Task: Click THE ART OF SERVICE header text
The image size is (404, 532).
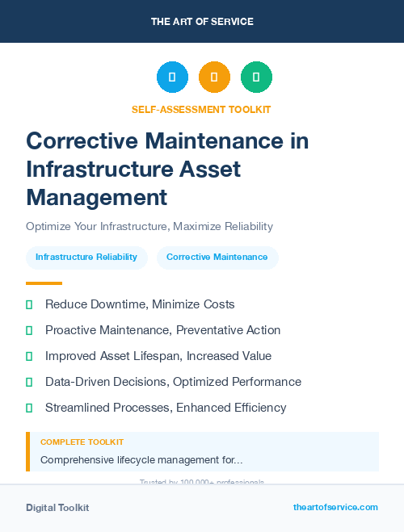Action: pyautogui.click(x=202, y=22)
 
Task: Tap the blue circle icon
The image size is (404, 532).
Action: pyautogui.click(x=172, y=77)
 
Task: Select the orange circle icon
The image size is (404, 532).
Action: pyautogui.click(x=214, y=77)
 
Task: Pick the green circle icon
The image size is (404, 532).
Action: pyautogui.click(x=256, y=77)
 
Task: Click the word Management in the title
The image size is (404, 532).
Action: pyautogui.click(x=97, y=196)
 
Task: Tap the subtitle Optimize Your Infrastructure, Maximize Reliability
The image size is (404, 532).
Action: pyautogui.click(x=149, y=226)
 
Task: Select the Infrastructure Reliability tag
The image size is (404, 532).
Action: pyautogui.click(x=86, y=258)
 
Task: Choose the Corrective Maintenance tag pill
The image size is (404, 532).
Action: pyautogui.click(x=217, y=258)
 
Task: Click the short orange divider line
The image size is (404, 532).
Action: pyautogui.click(x=44, y=283)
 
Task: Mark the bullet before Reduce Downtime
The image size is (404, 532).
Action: pyautogui.click(x=29, y=304)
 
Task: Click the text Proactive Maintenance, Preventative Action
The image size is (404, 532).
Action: pyautogui.click(x=162, y=330)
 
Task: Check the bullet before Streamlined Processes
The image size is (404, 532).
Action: pyautogui.click(x=29, y=408)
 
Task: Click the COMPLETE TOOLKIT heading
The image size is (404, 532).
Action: pyautogui.click(x=82, y=442)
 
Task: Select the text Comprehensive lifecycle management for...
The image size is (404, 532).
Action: pyautogui.click(x=141, y=459)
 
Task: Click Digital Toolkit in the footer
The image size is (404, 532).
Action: pyautogui.click(x=57, y=508)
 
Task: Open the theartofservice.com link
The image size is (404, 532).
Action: pyautogui.click(x=335, y=507)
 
